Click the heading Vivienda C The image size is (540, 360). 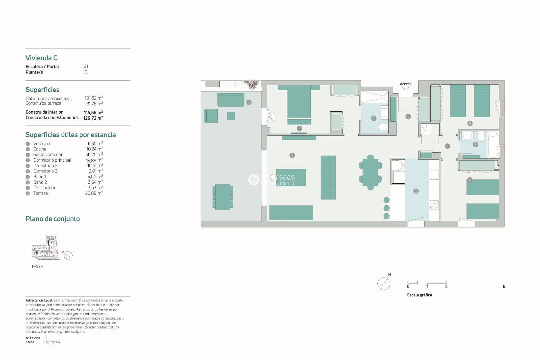41,58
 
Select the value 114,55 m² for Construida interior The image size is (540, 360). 93,112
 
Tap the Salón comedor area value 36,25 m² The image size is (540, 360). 94,154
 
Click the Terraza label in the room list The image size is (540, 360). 40,193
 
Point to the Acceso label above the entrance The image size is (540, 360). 406,84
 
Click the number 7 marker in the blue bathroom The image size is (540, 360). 373,118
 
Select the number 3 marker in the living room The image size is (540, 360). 292,155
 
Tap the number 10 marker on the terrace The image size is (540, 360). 249,102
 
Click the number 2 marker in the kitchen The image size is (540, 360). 416,191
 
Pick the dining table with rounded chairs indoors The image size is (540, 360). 370,172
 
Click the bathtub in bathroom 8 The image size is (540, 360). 493,145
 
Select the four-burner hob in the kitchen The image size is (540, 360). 434,206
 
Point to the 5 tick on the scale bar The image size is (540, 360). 504,286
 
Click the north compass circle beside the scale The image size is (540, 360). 384,283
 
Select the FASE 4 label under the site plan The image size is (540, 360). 37,266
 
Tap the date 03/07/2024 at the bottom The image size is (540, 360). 52,342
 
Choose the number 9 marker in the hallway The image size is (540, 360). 447,146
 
